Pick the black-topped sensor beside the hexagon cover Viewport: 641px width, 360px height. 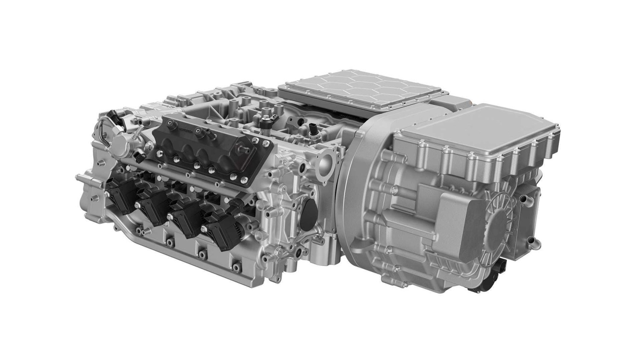click(x=315, y=128)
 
